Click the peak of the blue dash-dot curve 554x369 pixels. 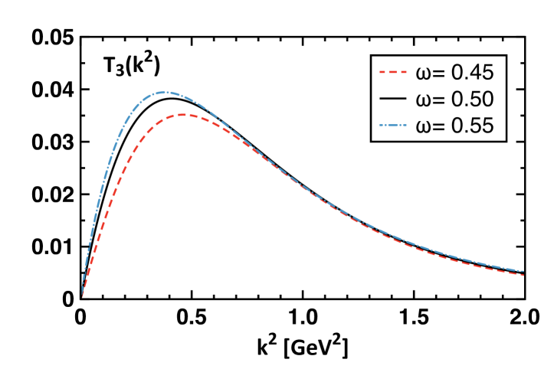pyautogui.click(x=164, y=92)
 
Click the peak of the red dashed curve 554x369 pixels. pyautogui.click(x=185, y=115)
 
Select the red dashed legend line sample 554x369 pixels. pyautogui.click(x=393, y=72)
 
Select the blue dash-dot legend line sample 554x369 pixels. pyautogui.click(x=393, y=125)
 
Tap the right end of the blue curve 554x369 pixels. pyautogui.click(x=523, y=271)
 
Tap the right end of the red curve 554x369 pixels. pyautogui.click(x=523, y=275)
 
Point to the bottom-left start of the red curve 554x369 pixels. pyautogui.click(x=82, y=295)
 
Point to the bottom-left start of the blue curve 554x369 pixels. pyautogui.click(x=83, y=285)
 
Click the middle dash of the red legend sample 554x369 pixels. pyautogui.click(x=393, y=72)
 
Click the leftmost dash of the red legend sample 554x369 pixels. pyautogui.click(x=382, y=72)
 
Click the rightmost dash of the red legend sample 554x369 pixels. pyautogui.click(x=403, y=72)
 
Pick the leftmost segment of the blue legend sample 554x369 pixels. pyautogui.click(x=382, y=125)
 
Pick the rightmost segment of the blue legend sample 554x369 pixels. pyautogui.click(x=405, y=125)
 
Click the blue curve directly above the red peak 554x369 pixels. pyautogui.click(x=185, y=97)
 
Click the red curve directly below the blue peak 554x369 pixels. pyautogui.click(x=164, y=119)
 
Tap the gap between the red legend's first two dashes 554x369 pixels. pyautogui.click(x=388, y=72)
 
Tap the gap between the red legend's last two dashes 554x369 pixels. pyautogui.click(x=398, y=72)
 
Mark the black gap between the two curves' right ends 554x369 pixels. pyautogui.click(x=523, y=273)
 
